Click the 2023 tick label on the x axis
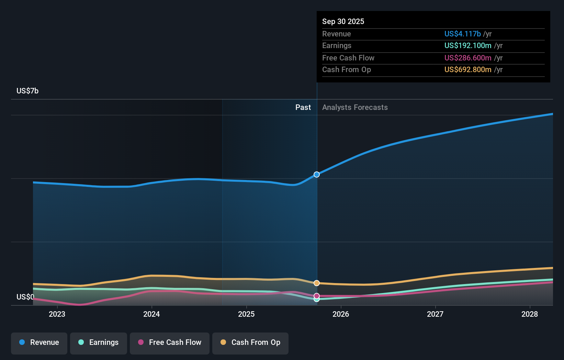point(57,314)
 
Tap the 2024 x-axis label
point(151,314)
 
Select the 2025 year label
point(246,314)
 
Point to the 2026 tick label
point(341,314)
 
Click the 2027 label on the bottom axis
point(435,314)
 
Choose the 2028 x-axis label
point(530,314)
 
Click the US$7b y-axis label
point(27,91)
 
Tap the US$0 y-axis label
point(25,297)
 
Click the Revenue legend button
point(39,342)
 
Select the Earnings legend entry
point(99,342)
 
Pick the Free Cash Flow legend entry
point(170,342)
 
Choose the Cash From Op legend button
point(250,342)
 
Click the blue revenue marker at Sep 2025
point(317,175)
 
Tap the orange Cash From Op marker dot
point(317,283)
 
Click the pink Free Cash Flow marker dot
point(317,296)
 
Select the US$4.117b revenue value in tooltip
point(462,34)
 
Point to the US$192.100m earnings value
point(468,45)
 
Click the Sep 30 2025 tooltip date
point(343,21)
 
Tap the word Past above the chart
point(303,107)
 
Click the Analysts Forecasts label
point(355,107)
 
